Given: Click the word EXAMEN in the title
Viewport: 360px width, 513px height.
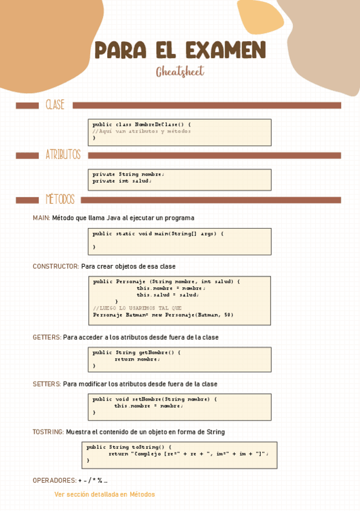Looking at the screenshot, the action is tap(226, 50).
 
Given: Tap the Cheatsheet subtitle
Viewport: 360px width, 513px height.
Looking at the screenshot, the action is tap(180, 72).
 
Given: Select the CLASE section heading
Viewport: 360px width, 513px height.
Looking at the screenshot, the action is tap(55, 105).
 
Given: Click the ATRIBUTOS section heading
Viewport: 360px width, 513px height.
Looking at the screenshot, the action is tap(63, 155).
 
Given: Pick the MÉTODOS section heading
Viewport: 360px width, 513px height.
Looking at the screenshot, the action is tap(60, 200).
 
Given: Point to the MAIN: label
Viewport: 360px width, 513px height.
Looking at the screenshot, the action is tap(41, 218).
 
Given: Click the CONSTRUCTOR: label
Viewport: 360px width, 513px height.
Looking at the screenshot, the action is tap(56, 266).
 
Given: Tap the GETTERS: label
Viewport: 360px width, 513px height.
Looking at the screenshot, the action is tap(47, 337).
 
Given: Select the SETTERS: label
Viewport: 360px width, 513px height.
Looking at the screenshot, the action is tap(47, 384).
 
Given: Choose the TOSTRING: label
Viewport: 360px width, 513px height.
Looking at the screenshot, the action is tap(48, 432).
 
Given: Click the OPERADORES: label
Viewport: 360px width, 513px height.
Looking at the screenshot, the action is tap(54, 480).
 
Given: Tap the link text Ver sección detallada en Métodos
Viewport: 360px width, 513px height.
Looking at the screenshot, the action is tap(105, 494).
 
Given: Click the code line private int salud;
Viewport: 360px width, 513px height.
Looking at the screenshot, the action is tap(122, 181).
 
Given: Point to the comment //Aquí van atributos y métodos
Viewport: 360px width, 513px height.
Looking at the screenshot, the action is tap(142, 131).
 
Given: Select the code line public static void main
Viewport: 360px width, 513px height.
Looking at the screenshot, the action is tap(158, 234).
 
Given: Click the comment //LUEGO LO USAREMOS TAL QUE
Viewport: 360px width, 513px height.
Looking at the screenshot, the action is tap(137, 308).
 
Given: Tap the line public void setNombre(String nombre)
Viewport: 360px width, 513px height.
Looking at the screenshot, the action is tap(154, 399).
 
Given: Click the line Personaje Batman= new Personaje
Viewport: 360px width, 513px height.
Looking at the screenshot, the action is tap(163, 315).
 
